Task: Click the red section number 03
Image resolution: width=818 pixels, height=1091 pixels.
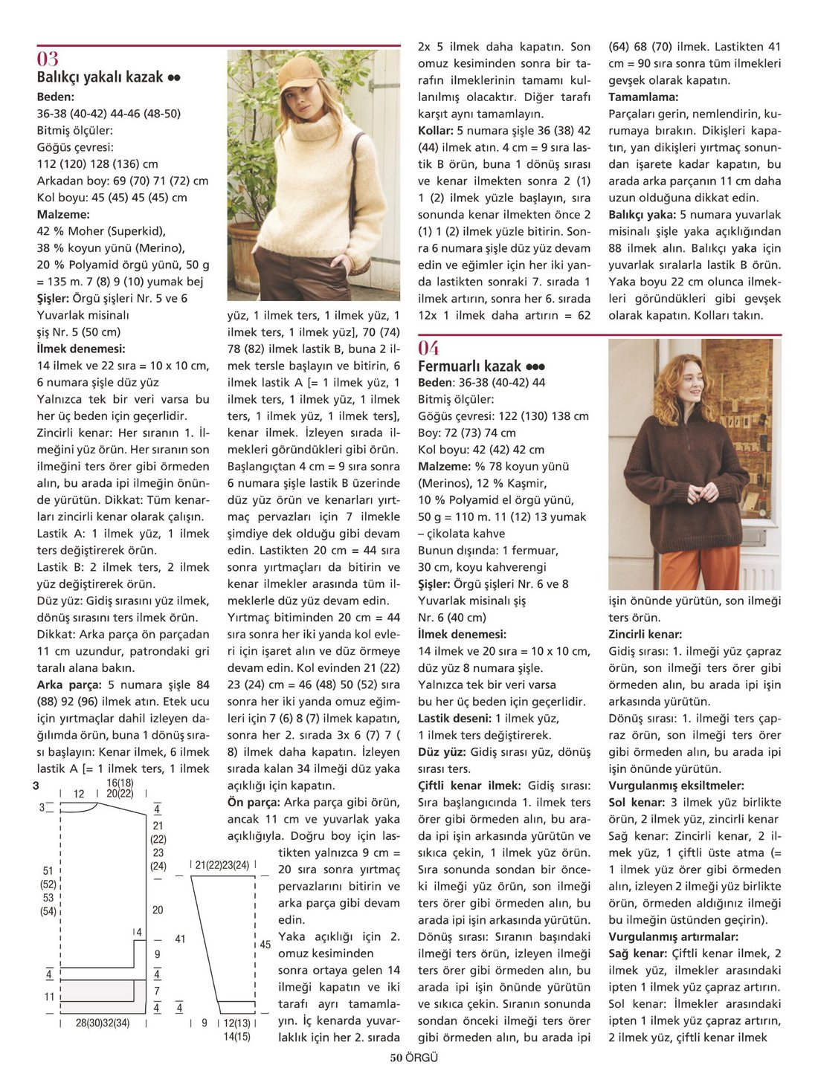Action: tap(48, 59)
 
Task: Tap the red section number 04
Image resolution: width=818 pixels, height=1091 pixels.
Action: tap(428, 348)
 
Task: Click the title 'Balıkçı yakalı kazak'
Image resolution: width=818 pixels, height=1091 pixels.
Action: tap(100, 77)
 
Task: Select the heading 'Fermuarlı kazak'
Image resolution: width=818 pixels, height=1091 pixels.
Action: tap(469, 366)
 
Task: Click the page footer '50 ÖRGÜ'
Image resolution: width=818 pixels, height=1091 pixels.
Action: tap(413, 1058)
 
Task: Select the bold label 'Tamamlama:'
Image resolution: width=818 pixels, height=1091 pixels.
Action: tap(643, 97)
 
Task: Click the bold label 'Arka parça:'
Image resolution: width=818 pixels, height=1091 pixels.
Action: tap(70, 685)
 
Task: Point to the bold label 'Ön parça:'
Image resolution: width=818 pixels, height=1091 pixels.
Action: tap(254, 803)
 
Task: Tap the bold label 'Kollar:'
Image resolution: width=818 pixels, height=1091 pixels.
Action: tap(436, 131)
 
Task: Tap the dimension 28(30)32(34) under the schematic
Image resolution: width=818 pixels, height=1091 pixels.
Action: tap(103, 1023)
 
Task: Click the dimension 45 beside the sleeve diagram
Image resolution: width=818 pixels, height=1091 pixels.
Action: tap(265, 945)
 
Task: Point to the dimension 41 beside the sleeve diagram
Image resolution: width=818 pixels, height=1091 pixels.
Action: tap(180, 939)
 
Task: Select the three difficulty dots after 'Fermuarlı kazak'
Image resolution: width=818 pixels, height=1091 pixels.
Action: tap(535, 367)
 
